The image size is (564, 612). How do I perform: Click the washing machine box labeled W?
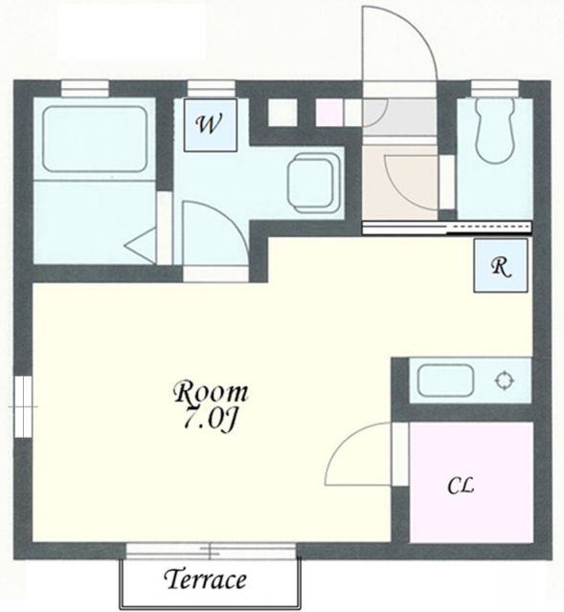[211, 125]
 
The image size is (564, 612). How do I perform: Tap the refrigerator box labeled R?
[501, 266]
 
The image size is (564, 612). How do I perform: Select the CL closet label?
[461, 486]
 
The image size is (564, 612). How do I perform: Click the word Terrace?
[206, 579]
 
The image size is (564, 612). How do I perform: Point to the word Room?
[211, 393]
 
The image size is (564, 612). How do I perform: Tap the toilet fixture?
[495, 131]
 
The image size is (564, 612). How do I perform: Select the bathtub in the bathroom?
[95, 139]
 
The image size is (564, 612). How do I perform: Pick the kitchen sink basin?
[445, 381]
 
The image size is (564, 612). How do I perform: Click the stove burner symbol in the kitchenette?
[505, 381]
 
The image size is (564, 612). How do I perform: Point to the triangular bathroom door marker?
[141, 247]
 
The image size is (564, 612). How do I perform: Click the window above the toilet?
[495, 89]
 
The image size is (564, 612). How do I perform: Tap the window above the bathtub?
[85, 88]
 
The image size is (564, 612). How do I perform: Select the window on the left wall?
[23, 406]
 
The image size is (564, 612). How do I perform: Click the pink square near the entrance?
[329, 113]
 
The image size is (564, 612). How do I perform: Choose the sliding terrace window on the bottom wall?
[211, 551]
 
